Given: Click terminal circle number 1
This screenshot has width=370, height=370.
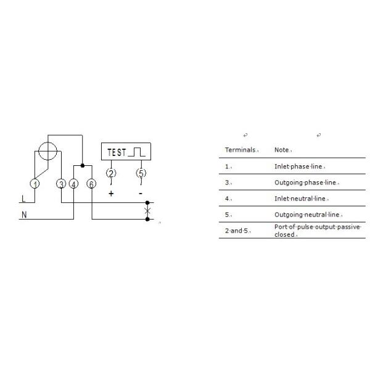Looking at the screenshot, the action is (35, 184).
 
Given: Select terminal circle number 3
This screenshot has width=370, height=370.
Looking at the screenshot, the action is (61, 184).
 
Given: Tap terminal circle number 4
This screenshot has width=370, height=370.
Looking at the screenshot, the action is (73, 184).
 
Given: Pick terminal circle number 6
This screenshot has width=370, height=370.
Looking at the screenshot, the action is (91, 184).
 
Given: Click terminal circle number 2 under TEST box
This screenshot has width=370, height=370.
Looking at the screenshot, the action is (111, 173).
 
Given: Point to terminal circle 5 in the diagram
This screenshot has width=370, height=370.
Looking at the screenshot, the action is (141, 173).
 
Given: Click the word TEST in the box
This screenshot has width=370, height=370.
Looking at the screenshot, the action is (117, 152).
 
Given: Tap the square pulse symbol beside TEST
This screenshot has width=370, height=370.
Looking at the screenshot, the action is (137, 152).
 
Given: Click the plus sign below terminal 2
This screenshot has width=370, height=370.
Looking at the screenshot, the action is (111, 194).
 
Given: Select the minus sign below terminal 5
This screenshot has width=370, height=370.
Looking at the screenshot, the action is (141, 194).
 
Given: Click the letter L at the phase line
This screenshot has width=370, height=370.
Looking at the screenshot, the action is (23, 199).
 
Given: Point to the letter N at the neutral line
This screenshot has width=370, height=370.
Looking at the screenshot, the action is (24, 215).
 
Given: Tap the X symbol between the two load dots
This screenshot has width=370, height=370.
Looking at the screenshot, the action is (147, 211).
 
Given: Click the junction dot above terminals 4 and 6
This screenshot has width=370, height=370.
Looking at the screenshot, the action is (83, 166).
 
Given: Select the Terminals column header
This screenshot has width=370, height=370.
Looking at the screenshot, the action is (240, 150).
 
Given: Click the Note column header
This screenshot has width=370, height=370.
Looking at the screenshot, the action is (282, 150).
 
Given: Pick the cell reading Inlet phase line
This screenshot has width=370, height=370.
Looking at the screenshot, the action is (298, 166).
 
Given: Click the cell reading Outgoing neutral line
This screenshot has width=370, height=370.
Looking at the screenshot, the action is (306, 215).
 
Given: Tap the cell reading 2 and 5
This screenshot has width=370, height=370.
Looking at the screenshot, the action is (236, 231).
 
